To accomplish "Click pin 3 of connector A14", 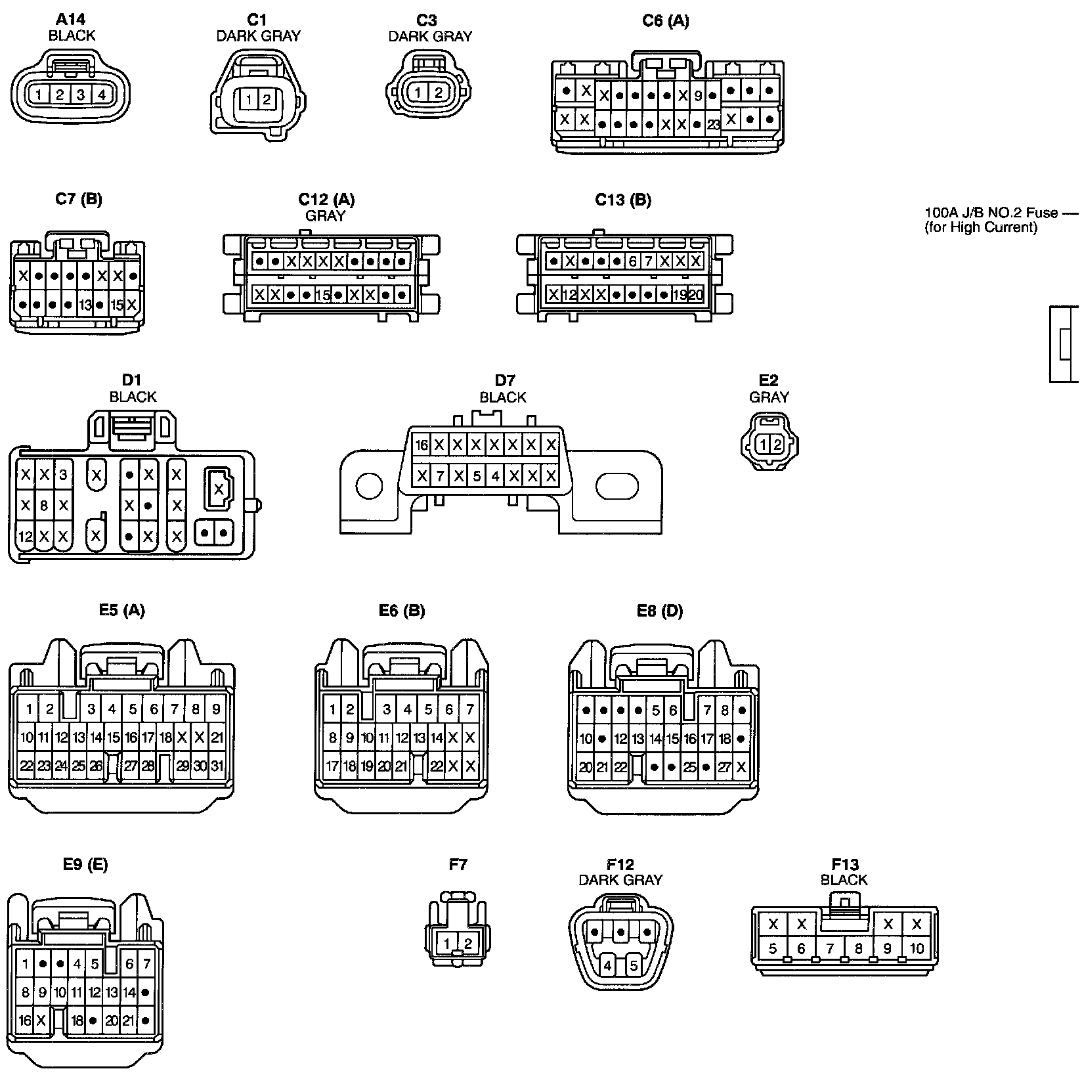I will tap(80, 95).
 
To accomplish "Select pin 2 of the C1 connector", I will tap(266, 100).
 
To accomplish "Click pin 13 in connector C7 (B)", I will tap(85, 305).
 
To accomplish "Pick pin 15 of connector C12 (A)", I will tap(322, 295).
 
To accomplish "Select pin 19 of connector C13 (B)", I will tap(680, 295).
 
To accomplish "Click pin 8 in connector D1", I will tap(44, 506).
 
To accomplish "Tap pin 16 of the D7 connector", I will tap(422, 445).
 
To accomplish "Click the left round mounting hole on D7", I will tap(368, 487).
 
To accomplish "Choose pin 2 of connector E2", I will tap(777, 445).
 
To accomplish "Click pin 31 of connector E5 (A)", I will tap(217, 766).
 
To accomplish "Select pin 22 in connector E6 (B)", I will tap(437, 766).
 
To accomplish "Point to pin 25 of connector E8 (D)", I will tap(689, 766).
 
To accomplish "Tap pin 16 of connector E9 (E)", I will tap(25, 1020).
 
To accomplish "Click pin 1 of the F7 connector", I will tap(446, 944).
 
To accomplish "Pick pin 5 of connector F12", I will tap(634, 966).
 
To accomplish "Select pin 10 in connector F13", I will tap(917, 948).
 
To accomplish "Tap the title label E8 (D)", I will tap(660, 611).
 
